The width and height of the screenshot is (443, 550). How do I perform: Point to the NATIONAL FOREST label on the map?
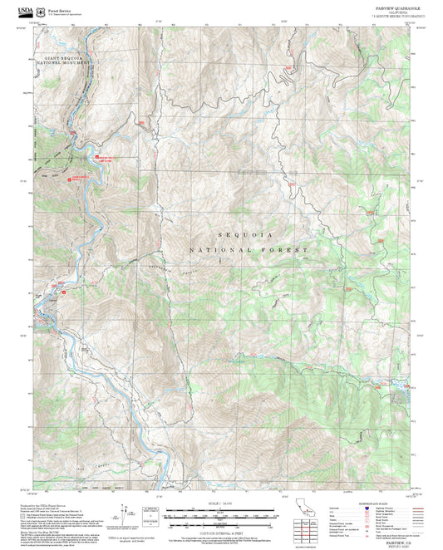[249, 249]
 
